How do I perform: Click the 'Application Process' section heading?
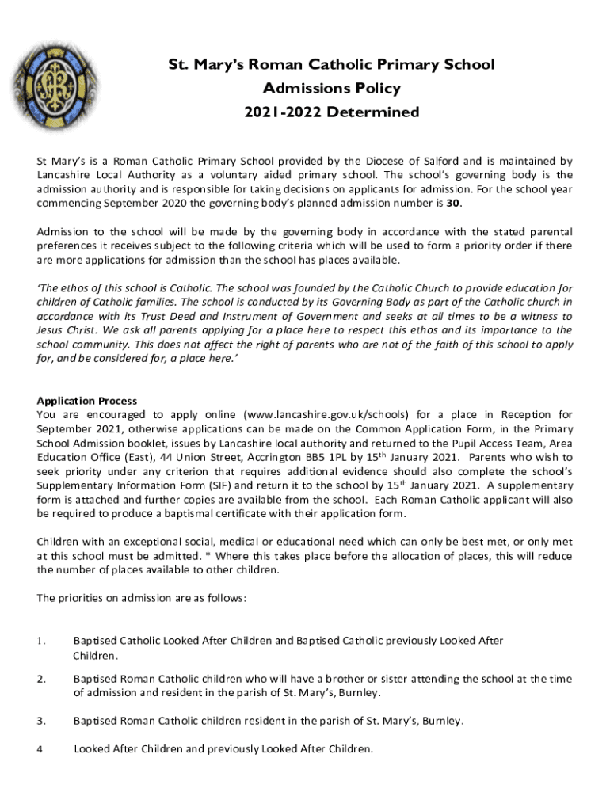point(87,401)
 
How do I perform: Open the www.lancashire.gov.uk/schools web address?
point(327,414)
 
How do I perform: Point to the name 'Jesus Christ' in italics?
point(67,330)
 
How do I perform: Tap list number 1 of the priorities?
point(41,641)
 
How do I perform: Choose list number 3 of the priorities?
point(41,721)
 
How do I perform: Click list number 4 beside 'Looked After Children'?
point(40,748)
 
